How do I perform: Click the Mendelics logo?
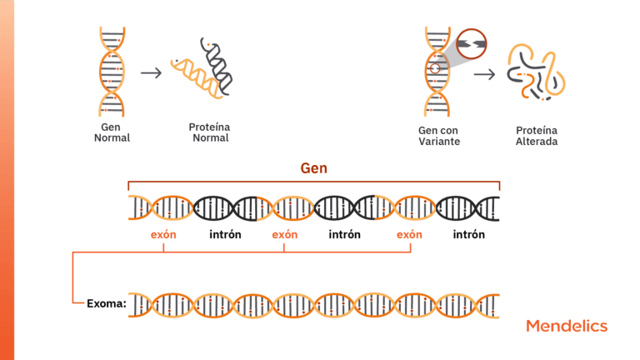pos(567,326)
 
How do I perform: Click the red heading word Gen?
pos(314,168)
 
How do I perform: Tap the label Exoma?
pos(107,303)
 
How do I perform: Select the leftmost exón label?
pos(163,235)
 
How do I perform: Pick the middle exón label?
pos(285,235)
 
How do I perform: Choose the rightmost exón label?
pos(409,235)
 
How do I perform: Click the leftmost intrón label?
pos(225,235)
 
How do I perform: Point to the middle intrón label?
pos(344,235)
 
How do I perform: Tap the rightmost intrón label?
pos(469,235)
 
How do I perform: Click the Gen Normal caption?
pos(112,132)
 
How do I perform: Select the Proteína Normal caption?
pos(210,132)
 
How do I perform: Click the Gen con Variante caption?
pos(439,136)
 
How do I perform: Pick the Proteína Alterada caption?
pos(537,136)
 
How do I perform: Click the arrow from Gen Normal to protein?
pos(151,73)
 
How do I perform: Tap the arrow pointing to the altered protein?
pos(484,74)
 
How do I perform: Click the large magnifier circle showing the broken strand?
pos(472,43)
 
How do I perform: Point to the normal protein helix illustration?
pos(202,68)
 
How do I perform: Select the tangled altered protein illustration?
pos(536,72)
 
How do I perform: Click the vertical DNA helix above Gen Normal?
pos(112,72)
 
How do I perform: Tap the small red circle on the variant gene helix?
pos(435,68)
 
